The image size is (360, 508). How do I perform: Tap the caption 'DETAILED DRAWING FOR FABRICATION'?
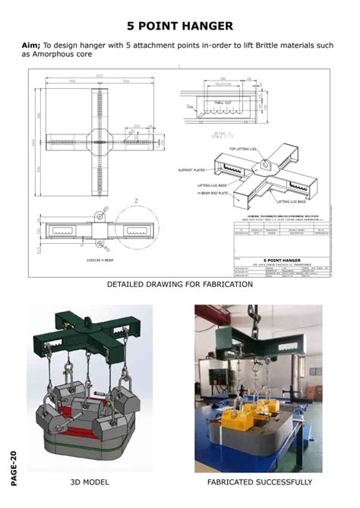(x=179, y=284)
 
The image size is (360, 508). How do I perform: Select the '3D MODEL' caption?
(x=90, y=482)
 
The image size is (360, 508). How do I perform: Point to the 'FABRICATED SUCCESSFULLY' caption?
(x=259, y=482)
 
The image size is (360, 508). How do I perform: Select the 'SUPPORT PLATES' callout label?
(x=193, y=170)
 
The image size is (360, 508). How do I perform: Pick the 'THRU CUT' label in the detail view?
(x=223, y=102)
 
